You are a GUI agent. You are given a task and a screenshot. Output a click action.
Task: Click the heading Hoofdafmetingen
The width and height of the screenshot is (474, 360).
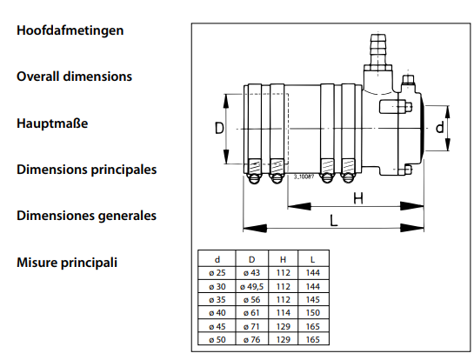[x=70, y=30]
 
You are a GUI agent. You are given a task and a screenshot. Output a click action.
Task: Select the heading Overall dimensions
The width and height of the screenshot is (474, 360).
[x=75, y=77]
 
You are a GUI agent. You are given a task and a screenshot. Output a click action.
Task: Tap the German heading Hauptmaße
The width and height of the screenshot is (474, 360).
[x=52, y=123]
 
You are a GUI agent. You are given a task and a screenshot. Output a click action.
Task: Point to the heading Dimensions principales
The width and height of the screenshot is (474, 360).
[x=87, y=170]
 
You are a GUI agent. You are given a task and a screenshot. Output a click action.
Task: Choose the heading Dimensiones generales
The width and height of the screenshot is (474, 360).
[x=86, y=216]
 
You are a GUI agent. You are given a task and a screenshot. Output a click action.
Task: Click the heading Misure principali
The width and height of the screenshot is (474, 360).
[x=67, y=263]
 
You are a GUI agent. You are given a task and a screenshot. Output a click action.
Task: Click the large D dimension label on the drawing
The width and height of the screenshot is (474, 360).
[x=219, y=128]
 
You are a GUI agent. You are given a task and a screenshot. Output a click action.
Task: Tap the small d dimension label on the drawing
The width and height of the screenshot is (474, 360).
[x=439, y=127]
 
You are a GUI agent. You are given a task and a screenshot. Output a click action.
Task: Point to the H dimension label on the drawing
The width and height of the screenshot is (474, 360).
[x=358, y=198]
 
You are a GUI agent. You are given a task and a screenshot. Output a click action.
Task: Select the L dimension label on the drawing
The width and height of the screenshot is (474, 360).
[x=333, y=220]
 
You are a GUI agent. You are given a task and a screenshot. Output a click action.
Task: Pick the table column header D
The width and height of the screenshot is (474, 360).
[x=252, y=259]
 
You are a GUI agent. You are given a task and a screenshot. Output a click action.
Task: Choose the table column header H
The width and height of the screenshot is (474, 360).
[x=283, y=259]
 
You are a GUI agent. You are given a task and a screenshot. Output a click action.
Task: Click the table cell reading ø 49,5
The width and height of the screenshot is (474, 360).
[x=252, y=287]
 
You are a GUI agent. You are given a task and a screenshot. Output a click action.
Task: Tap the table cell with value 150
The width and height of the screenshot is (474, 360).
[x=313, y=312]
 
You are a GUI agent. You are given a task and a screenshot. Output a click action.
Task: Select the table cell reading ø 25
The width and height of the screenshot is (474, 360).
[x=217, y=273]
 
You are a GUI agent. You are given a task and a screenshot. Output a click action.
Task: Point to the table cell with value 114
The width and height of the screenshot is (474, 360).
[x=284, y=312]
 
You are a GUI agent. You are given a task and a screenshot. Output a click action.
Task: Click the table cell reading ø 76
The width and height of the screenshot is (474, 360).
[x=252, y=340]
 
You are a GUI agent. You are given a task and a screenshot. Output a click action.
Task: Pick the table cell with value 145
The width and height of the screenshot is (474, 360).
[x=313, y=299]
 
